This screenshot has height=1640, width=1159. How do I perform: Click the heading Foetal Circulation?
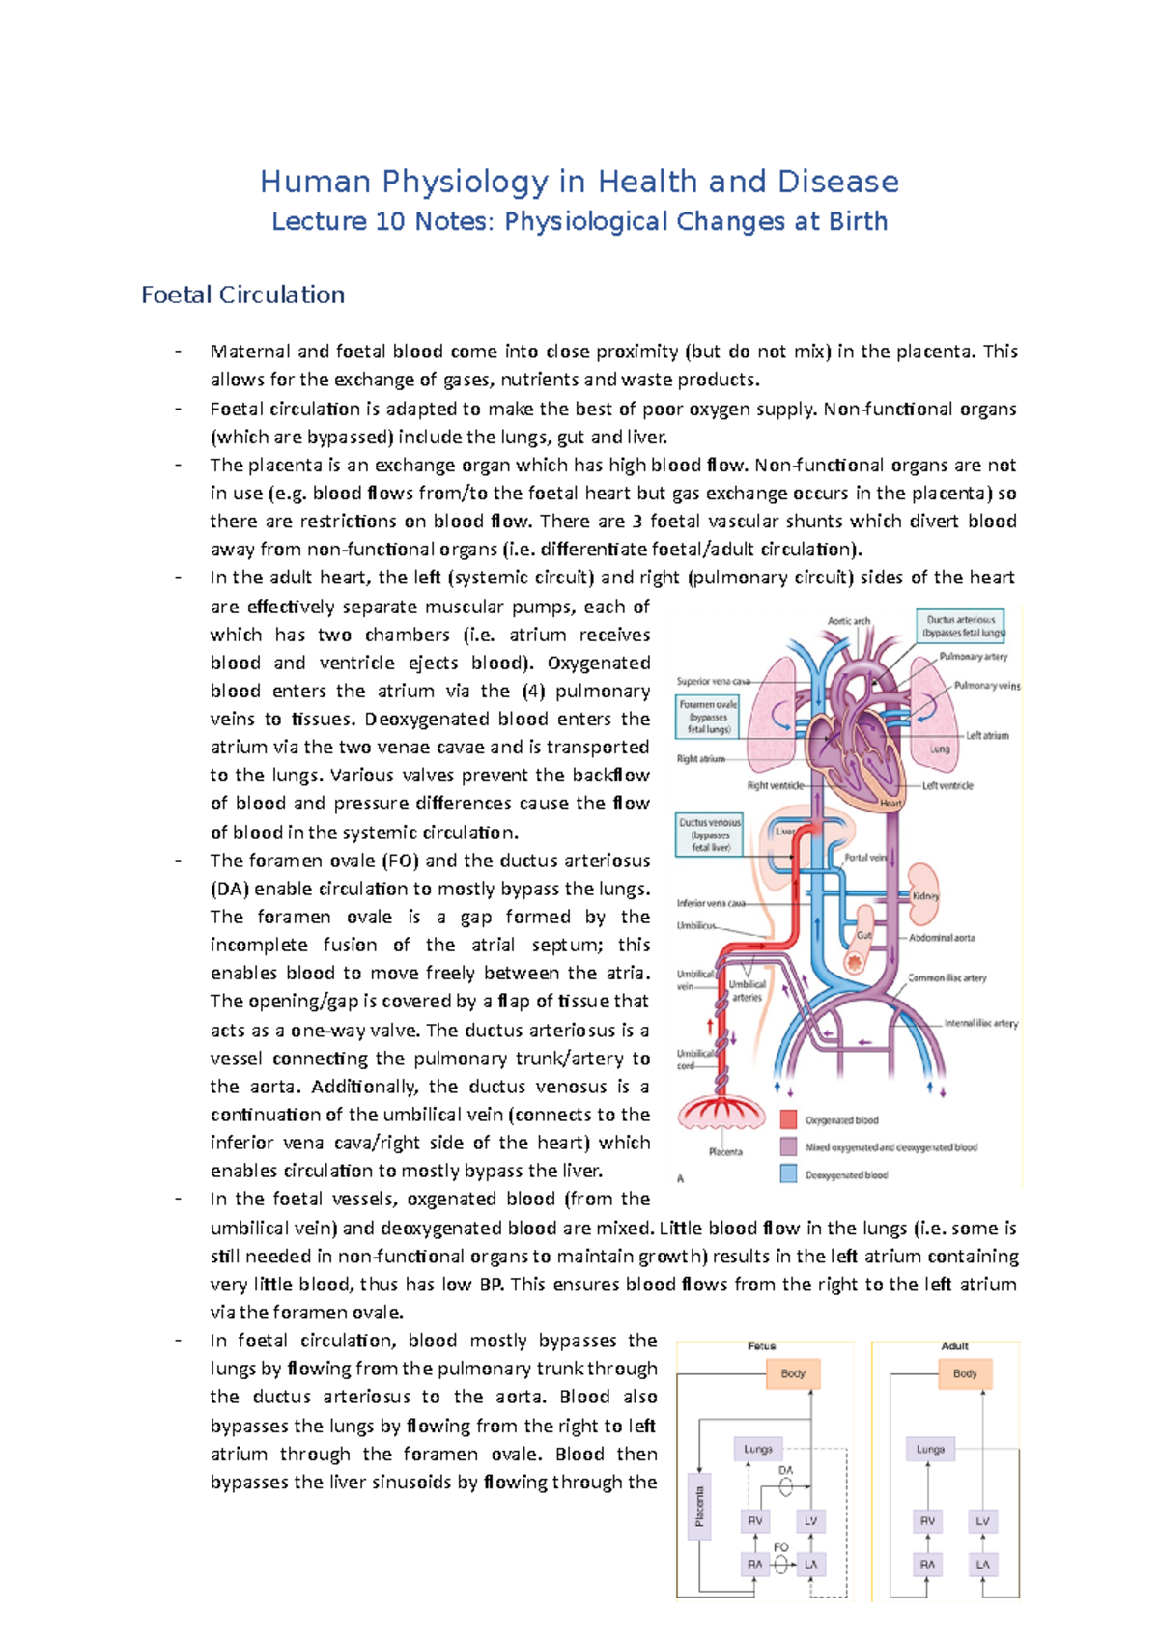242,295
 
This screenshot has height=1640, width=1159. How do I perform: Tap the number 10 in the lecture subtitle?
390,222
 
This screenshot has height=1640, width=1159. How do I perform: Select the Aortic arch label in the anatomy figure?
849,621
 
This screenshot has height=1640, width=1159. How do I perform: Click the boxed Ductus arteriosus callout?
961,626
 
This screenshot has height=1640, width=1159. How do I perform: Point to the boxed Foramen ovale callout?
708,717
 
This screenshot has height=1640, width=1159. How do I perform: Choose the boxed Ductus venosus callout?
710,834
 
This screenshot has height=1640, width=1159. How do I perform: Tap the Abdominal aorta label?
942,937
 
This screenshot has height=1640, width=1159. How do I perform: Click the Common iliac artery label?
947,977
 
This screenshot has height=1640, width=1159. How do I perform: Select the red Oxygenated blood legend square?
789,1119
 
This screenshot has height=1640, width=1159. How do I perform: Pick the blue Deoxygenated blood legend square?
789,1174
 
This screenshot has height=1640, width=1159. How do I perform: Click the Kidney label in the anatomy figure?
924,896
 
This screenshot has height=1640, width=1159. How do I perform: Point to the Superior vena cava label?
713,681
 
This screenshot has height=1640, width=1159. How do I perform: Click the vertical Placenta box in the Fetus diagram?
699,1507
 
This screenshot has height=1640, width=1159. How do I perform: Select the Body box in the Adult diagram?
965,1373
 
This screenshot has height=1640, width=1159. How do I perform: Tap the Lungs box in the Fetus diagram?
758,1449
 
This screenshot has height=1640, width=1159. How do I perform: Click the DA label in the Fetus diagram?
785,1471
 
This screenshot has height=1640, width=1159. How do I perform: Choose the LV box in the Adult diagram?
982,1521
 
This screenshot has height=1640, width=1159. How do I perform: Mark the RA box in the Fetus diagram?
755,1564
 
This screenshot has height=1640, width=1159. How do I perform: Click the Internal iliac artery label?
980,1023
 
